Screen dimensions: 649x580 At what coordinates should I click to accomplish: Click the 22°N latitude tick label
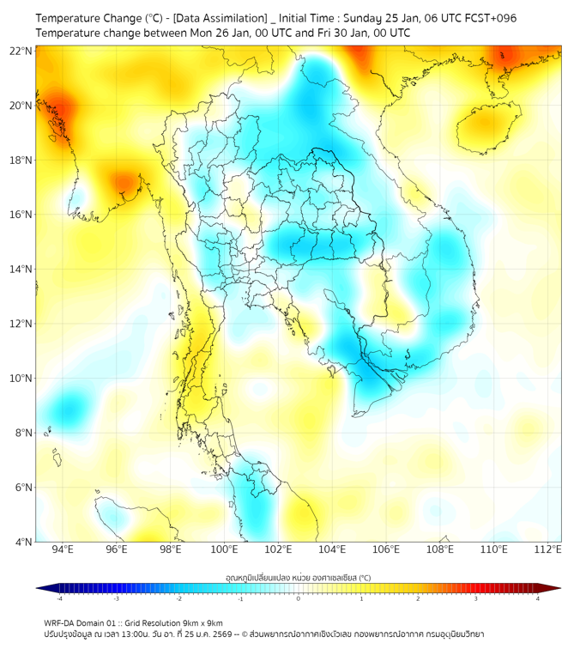pyautogui.click(x=21, y=51)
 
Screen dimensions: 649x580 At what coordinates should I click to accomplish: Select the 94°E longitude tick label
pyautogui.click(x=63, y=549)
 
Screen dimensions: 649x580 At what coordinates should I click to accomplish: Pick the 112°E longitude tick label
pyautogui.click(x=547, y=549)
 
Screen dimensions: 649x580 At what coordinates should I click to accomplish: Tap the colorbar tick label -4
pyautogui.click(x=58, y=598)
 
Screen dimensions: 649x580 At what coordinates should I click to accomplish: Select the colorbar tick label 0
pyautogui.click(x=299, y=598)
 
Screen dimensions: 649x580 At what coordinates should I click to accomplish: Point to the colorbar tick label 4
pyautogui.click(x=537, y=598)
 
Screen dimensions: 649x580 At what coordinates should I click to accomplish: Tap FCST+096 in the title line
pyautogui.click(x=490, y=18)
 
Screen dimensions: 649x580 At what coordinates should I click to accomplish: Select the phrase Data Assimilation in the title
pyautogui.click(x=221, y=18)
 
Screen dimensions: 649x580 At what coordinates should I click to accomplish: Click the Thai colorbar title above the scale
pyautogui.click(x=298, y=578)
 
